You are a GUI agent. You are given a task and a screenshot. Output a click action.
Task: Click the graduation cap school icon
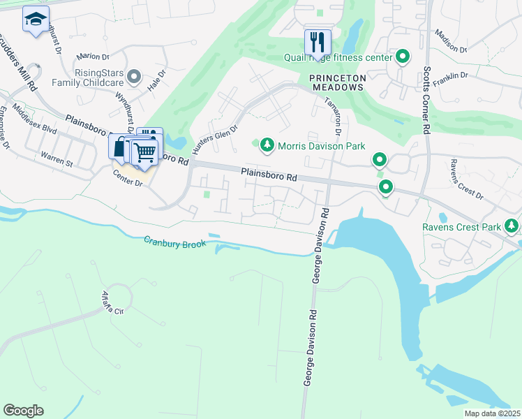pyautogui.click(x=36, y=20)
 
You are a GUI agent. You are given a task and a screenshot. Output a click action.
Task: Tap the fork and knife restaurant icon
pyautogui.click(x=318, y=41)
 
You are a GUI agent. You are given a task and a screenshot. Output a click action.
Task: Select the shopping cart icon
pyautogui.click(x=144, y=152)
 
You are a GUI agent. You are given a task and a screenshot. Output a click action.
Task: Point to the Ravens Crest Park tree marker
pyautogui.click(x=512, y=226)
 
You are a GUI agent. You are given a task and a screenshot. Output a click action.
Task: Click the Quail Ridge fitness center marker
pyautogui.click(x=402, y=57)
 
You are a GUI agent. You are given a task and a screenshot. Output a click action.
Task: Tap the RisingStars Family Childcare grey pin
pyautogui.click(x=134, y=76)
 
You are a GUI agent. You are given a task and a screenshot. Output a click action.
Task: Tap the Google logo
pyautogui.click(x=23, y=410)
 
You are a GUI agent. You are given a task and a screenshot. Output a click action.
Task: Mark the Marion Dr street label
pyautogui.click(x=94, y=56)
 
